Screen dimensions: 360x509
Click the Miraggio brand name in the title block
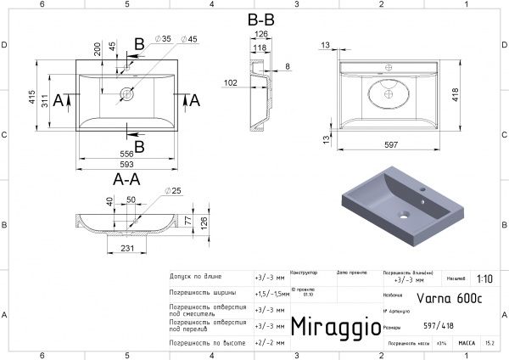click(330, 327)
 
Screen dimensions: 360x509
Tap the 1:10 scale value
click(484, 278)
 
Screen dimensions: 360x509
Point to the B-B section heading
click(260, 19)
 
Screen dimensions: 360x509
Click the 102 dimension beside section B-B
click(231, 82)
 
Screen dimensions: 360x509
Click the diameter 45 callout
click(191, 40)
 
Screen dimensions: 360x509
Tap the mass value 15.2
click(490, 344)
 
